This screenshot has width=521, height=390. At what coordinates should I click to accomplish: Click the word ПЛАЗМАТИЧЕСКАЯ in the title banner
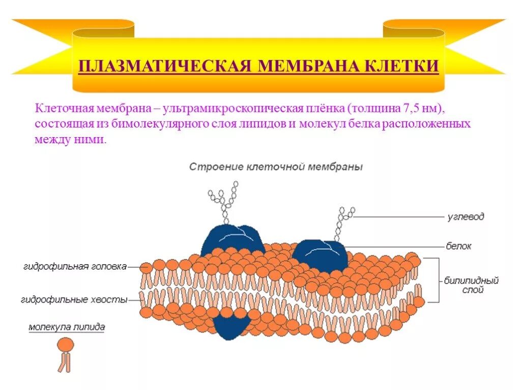pos(165,67)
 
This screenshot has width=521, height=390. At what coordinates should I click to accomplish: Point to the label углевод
pos(466,217)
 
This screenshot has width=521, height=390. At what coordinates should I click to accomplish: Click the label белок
pos(458,246)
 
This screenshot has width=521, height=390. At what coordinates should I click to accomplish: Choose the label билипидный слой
pos(471,285)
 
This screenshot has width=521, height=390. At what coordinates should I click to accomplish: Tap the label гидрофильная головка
pos(75,266)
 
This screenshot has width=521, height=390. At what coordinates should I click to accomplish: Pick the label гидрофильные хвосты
pos(74,300)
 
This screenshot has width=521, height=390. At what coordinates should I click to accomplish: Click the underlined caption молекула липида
pos(66,328)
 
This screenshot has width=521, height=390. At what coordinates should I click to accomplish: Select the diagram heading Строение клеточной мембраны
pos(276,167)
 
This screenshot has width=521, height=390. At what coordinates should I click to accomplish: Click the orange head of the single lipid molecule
pos(65,345)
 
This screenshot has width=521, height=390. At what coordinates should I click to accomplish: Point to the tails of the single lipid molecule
pos(65,363)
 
